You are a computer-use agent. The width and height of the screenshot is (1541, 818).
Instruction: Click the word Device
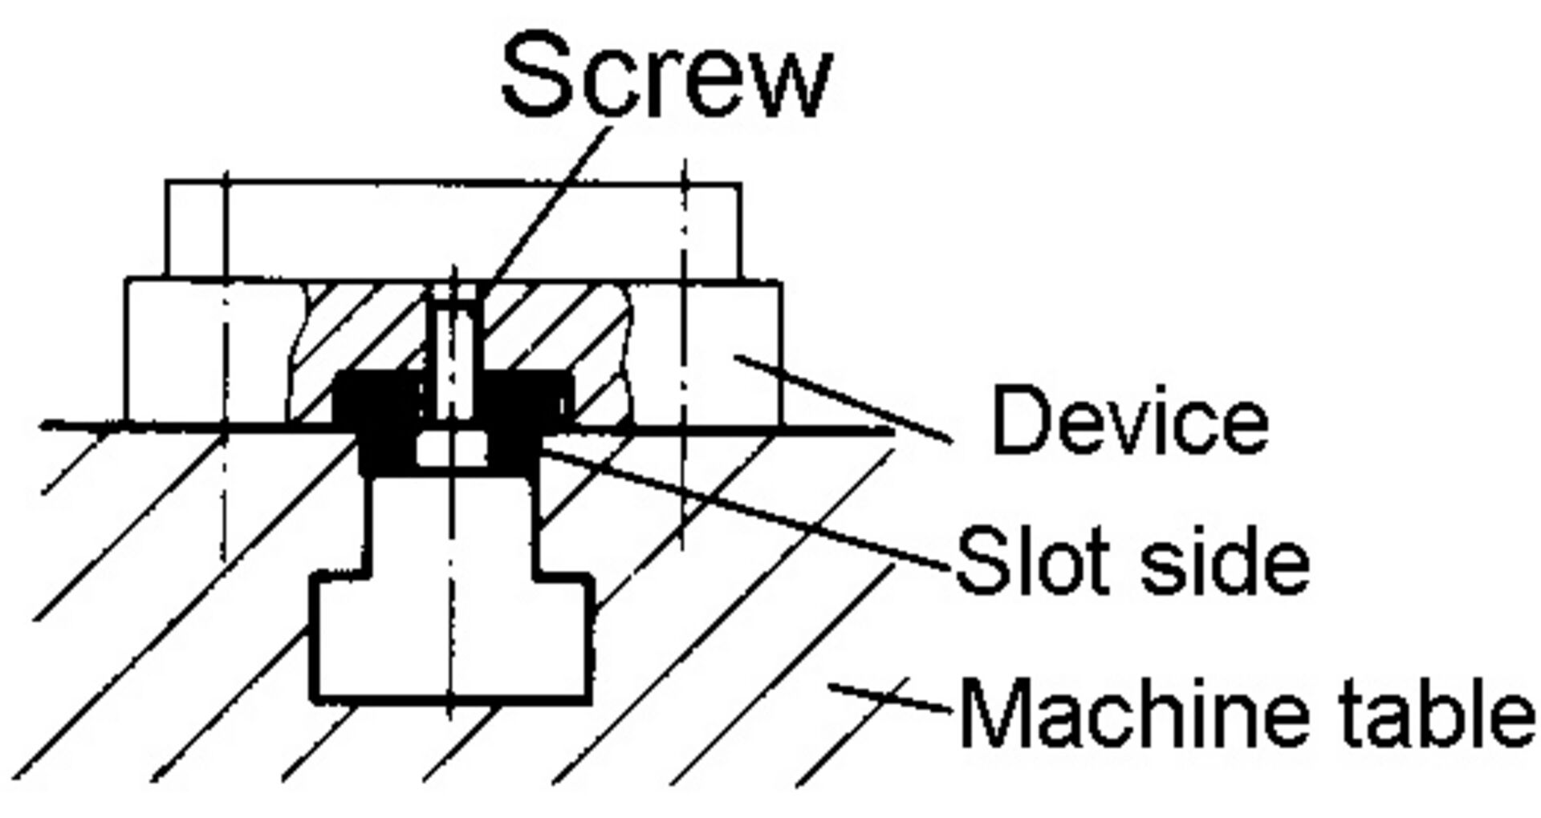[1130, 421]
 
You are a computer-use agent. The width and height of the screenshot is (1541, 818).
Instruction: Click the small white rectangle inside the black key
[452, 449]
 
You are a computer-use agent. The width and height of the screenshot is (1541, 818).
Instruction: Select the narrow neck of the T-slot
[452, 521]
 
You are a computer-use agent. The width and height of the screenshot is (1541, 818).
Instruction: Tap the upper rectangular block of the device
[453, 229]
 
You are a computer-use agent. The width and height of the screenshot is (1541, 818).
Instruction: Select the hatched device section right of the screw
[554, 329]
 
